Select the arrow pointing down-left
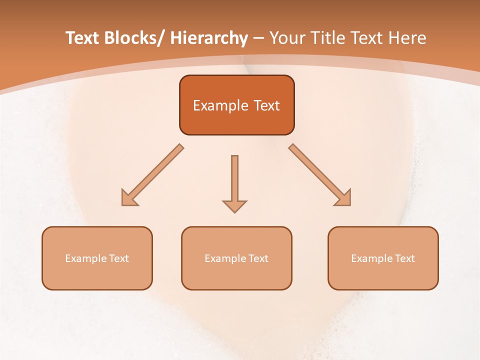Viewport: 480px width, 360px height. click(x=152, y=175)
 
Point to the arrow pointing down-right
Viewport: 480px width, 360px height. click(x=320, y=175)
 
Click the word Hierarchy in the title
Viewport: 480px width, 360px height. click(x=209, y=38)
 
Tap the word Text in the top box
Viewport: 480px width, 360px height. click(x=266, y=105)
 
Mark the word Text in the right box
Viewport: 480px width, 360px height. click(x=404, y=258)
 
